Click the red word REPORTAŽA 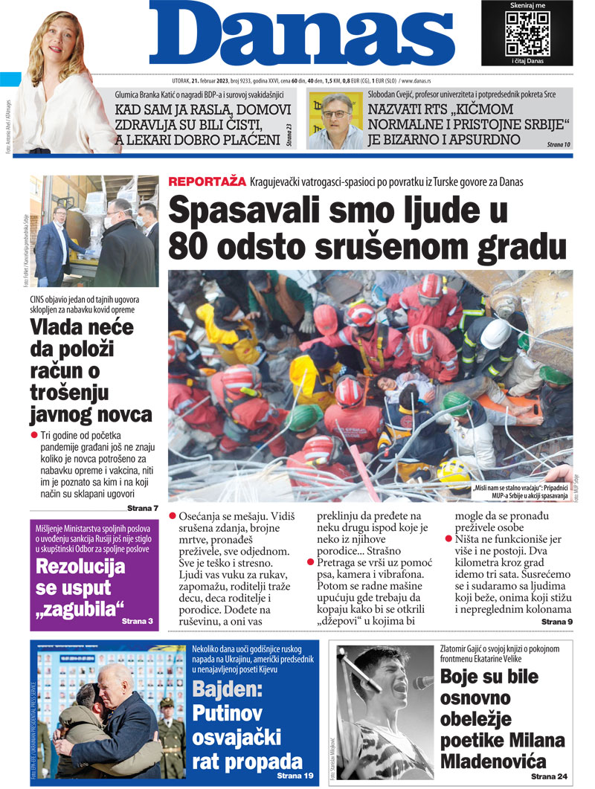point(207,181)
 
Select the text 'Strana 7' point(142,508)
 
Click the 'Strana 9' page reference point(556,621)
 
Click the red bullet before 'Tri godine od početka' point(33,434)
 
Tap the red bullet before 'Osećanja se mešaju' point(173,515)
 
